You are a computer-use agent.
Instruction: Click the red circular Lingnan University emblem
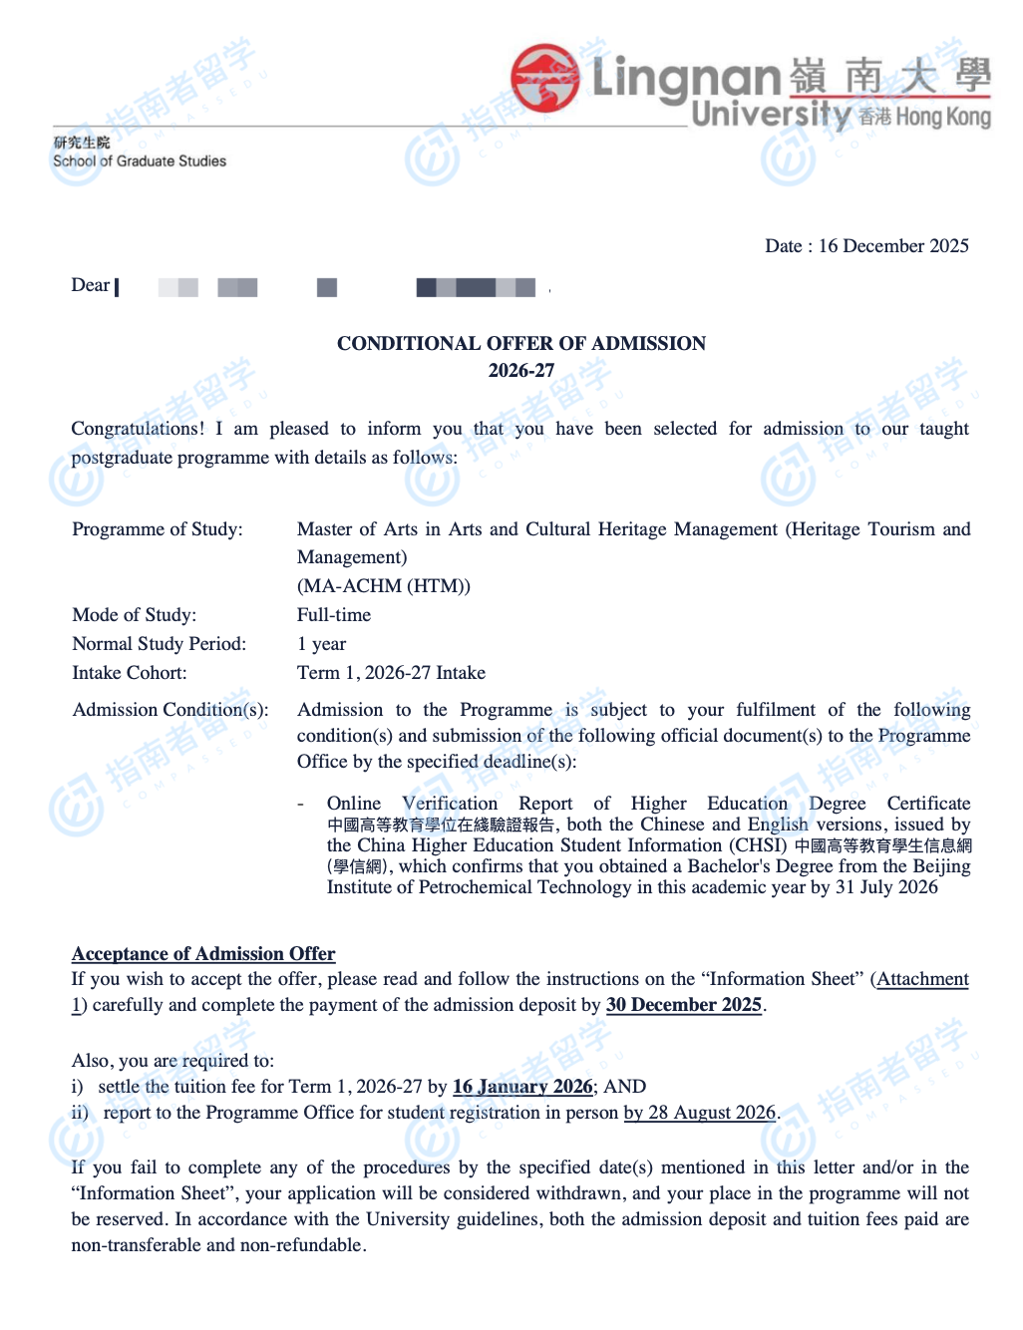pos(545,77)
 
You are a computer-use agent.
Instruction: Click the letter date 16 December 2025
pos(893,246)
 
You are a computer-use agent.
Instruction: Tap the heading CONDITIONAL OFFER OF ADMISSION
pos(521,344)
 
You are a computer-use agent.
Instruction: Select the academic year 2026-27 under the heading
pos(521,371)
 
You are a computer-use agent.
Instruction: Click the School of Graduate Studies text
pos(140,162)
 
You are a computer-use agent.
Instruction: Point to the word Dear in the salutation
pos(90,286)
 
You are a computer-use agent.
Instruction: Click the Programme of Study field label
pos(158,529)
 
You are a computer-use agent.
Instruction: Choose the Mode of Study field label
pos(135,615)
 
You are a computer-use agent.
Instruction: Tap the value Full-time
pos(334,615)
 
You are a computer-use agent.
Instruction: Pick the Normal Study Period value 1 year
pos(322,644)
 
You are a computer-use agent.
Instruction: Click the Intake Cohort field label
pos(130,673)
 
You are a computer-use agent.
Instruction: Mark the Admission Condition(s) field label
pos(170,710)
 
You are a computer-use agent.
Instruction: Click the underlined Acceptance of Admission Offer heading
pos(203,954)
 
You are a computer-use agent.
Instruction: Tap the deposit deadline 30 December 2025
pos(684,1005)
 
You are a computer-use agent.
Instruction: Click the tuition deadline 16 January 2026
pos(522,1087)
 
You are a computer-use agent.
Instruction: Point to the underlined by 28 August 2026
pos(700,1113)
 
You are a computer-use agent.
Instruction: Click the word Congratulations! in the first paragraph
pos(138,429)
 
